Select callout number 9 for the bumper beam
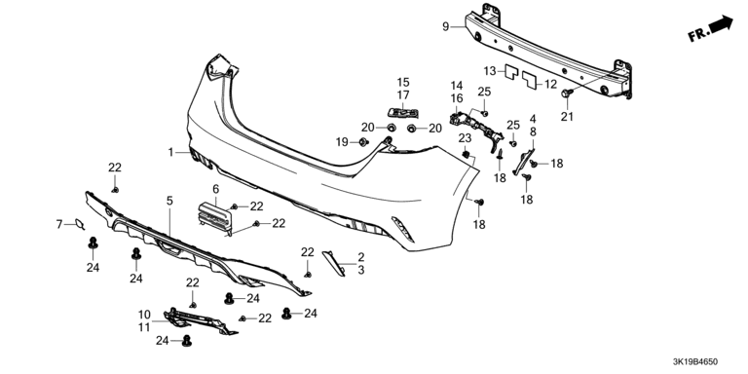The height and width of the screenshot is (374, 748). pyautogui.click(x=445, y=26)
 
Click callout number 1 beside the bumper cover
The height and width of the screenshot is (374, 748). pyautogui.click(x=170, y=152)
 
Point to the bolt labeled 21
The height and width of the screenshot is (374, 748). pyautogui.click(x=567, y=93)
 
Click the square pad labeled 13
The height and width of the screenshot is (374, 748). pyautogui.click(x=511, y=71)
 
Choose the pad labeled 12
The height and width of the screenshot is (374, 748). pyautogui.click(x=529, y=80)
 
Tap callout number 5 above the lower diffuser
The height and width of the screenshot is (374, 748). pyautogui.click(x=169, y=201)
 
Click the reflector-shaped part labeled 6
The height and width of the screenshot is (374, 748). pyautogui.click(x=215, y=218)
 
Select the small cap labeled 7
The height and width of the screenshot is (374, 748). pyautogui.click(x=78, y=223)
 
